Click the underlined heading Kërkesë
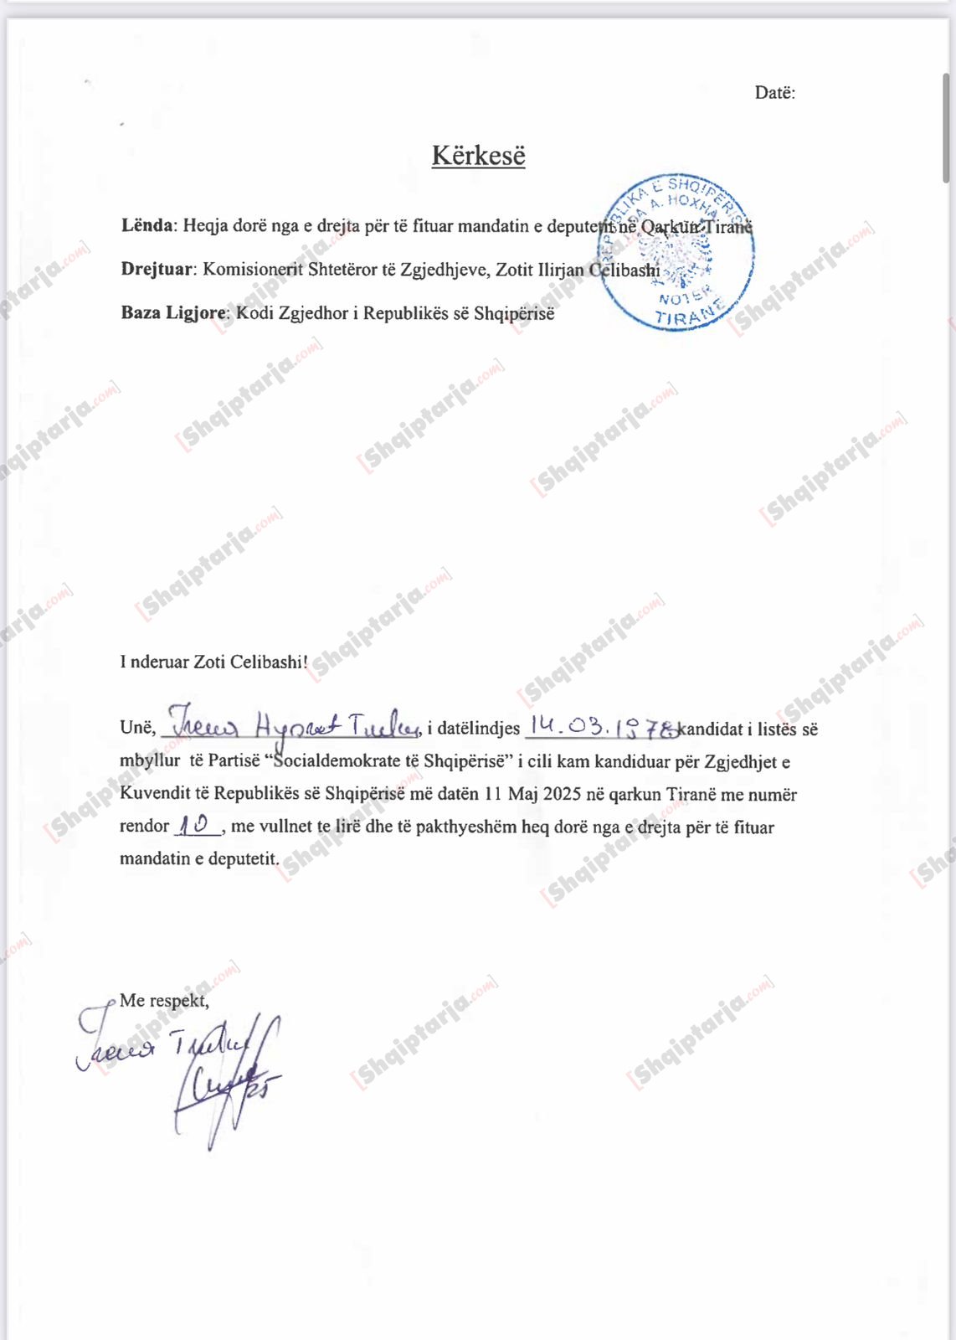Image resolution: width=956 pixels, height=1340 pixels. click(478, 156)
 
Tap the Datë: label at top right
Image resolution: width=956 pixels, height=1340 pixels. click(774, 93)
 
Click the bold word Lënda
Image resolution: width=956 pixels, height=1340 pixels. click(147, 226)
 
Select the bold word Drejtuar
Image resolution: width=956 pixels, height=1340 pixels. click(157, 270)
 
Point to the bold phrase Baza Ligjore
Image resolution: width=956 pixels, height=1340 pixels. click(173, 313)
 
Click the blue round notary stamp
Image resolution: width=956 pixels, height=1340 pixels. click(676, 252)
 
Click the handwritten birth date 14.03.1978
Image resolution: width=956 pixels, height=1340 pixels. click(601, 727)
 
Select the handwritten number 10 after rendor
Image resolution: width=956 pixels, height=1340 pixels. click(196, 825)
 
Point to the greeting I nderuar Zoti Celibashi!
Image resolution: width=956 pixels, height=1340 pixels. click(213, 662)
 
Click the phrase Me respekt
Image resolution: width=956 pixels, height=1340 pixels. click(164, 1000)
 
